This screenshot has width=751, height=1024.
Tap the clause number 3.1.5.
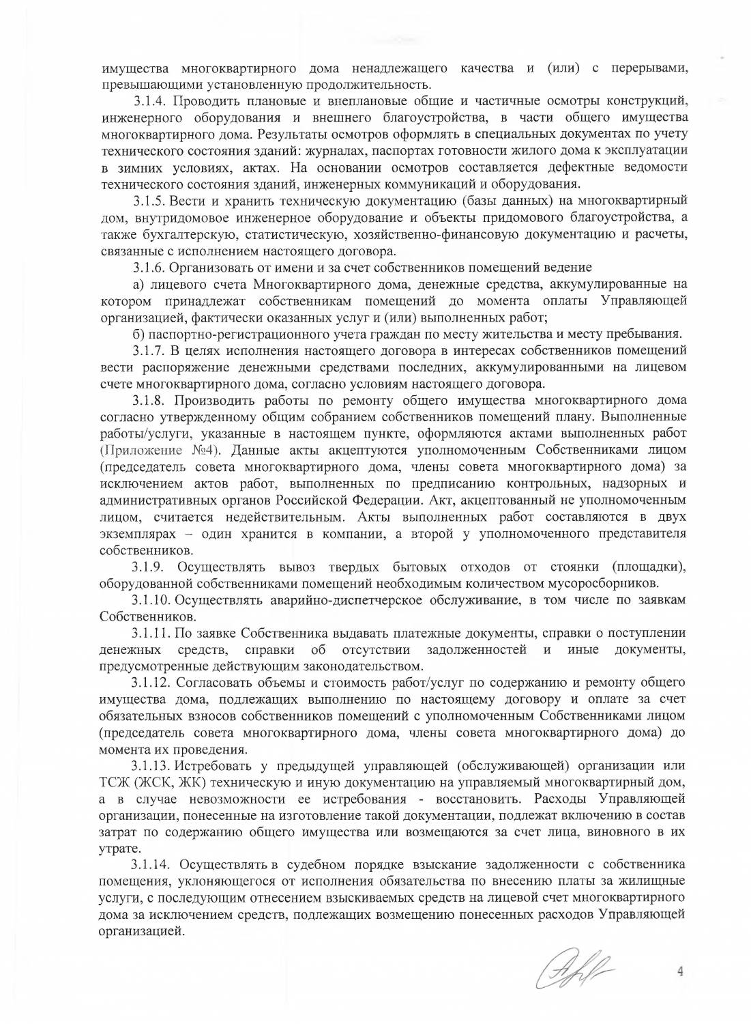pos(149,201)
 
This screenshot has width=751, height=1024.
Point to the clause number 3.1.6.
pos(149,267)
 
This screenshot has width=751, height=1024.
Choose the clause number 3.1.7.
pos(149,350)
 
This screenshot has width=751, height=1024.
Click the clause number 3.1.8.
pos(149,400)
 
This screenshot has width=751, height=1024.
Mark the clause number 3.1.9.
pos(149,567)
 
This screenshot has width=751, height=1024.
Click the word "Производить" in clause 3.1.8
pos(218,400)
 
